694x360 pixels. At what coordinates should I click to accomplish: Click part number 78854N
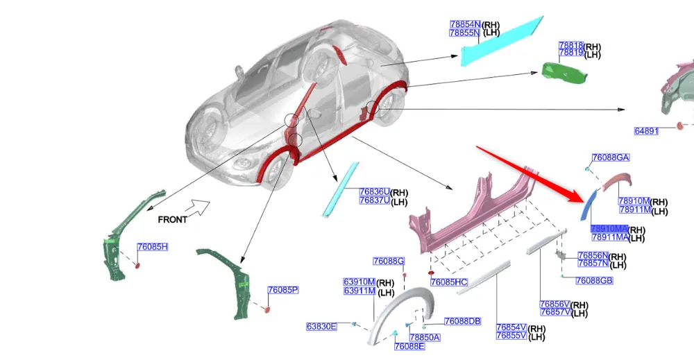[464, 24]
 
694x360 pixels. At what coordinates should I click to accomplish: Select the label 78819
[570, 53]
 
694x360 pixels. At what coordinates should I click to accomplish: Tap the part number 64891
[646, 131]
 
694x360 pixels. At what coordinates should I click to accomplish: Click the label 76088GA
[610, 157]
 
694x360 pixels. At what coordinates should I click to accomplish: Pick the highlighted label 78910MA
[609, 229]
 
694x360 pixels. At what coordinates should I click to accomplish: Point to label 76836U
[374, 192]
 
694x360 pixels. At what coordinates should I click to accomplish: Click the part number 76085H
[153, 247]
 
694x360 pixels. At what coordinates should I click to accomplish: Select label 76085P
[283, 290]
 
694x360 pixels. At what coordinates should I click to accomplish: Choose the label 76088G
[388, 262]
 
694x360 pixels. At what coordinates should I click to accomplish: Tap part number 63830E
[321, 326]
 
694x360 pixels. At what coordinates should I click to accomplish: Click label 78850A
[424, 338]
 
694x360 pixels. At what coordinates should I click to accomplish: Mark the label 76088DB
[462, 321]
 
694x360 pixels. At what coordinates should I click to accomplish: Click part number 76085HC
[449, 282]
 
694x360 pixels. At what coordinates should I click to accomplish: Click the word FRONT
[172, 219]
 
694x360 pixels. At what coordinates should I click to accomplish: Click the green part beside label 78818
[561, 71]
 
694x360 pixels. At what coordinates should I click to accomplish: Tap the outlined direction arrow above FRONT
[200, 206]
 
